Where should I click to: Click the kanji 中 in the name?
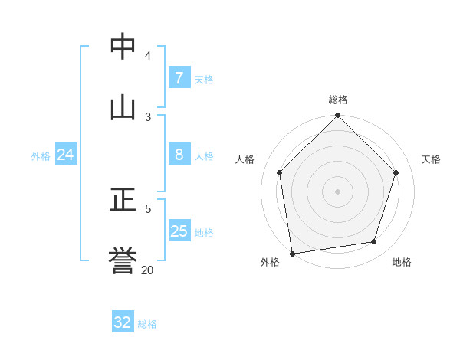[123, 47]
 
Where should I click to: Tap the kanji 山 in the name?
[123, 107]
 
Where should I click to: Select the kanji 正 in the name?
[123, 200]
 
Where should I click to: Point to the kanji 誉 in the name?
[123, 260]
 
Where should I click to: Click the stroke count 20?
[147, 270]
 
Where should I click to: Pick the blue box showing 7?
[179, 78]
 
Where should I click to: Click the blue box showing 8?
[179, 155]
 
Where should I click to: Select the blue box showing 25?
[179, 231]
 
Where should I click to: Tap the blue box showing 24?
[65, 155]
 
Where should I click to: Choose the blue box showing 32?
[123, 322]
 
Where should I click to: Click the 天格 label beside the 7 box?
[204, 79]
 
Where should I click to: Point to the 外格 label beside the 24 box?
[41, 155]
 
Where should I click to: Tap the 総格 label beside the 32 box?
[147, 323]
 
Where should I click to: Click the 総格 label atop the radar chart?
[338, 100]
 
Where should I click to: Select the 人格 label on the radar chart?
[245, 159]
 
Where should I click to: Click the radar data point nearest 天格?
[396, 172]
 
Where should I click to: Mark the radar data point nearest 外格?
[292, 253]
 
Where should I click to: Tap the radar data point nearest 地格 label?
[374, 241]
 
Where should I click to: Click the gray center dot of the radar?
[338, 191]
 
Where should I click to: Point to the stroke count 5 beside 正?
[148, 208]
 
